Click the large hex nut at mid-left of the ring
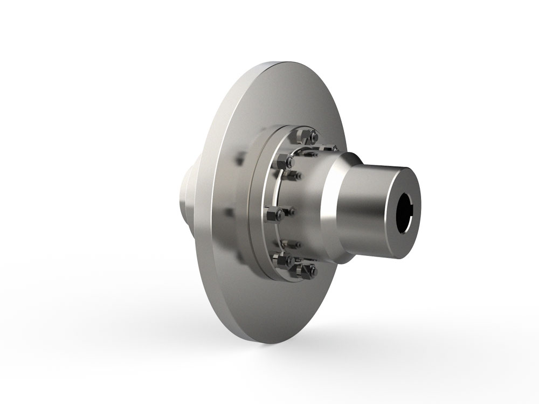pyautogui.click(x=280, y=214)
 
